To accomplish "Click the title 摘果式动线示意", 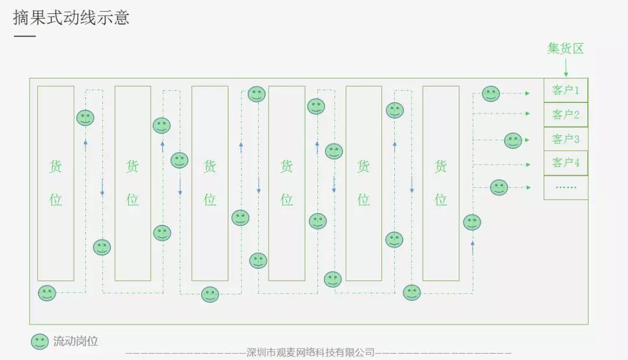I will coord(71,17).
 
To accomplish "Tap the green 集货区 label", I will coord(565,49).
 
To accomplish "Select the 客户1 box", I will coord(566,90).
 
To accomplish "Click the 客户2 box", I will coord(566,115).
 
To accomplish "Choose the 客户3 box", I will coord(566,139).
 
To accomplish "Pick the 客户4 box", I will coord(566,163).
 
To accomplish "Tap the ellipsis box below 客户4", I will coord(566,187).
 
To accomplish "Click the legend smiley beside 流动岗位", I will coord(40,341).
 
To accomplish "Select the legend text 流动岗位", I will coord(76,341).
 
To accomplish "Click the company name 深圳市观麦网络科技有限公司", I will coord(311,352).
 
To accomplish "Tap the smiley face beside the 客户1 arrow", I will coord(491,94).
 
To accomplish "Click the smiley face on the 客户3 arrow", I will coord(513,140).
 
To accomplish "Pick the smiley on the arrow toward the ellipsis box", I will coord(499,187).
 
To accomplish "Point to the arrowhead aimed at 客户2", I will coord(527,113).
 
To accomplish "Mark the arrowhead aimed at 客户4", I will coord(527,165).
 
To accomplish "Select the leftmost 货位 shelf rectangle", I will coord(56,183).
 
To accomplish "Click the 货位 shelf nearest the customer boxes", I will coord(441,183).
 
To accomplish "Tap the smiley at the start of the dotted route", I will coord(47,293).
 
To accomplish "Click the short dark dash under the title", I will coord(24,37).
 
